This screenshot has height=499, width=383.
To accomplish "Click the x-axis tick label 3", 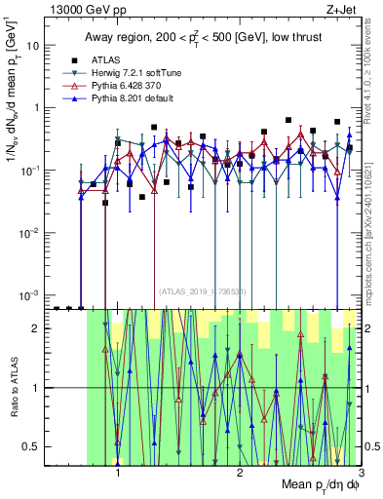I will click(361, 474).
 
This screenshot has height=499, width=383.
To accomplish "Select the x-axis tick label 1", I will click(119, 474).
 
